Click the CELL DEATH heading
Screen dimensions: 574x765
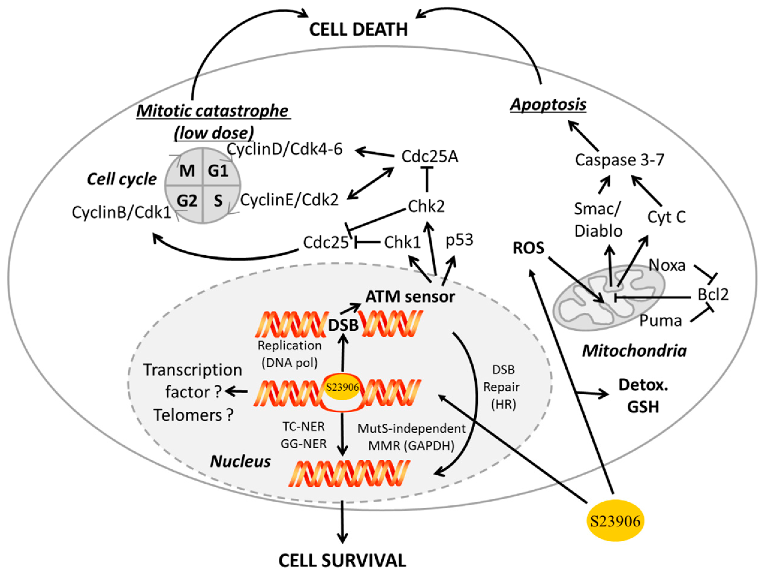[358, 29]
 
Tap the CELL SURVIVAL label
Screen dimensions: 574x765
[342, 561]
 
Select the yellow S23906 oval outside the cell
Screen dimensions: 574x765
[615, 521]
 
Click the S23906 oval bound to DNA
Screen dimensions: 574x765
[342, 387]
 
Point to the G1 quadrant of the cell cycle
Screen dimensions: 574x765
[218, 171]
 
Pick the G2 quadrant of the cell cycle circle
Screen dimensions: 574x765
[187, 201]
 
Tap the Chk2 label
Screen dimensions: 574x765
[426, 207]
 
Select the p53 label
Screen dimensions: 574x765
[459, 240]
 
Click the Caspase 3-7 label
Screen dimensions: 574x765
[619, 160]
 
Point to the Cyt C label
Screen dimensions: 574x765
[666, 217]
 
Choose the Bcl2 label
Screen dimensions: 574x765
[713, 294]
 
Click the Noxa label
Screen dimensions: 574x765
[667, 265]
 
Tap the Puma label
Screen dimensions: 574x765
[660, 320]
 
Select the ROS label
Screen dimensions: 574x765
[528, 248]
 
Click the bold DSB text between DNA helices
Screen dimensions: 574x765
[343, 325]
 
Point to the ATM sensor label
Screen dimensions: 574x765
[410, 297]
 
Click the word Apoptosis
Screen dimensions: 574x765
[548, 104]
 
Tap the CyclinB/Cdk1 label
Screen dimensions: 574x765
[121, 212]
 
